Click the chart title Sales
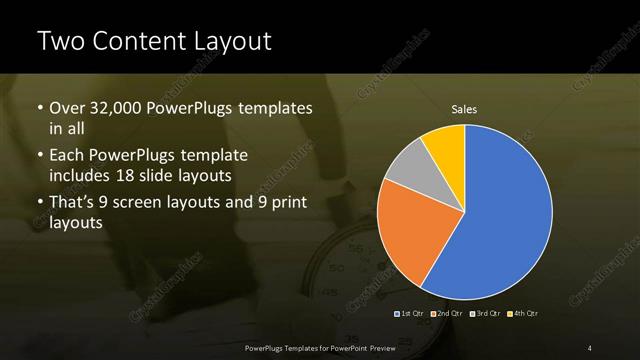(x=464, y=109)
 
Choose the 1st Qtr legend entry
(x=411, y=314)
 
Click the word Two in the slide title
(x=60, y=42)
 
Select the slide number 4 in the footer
(x=590, y=347)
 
